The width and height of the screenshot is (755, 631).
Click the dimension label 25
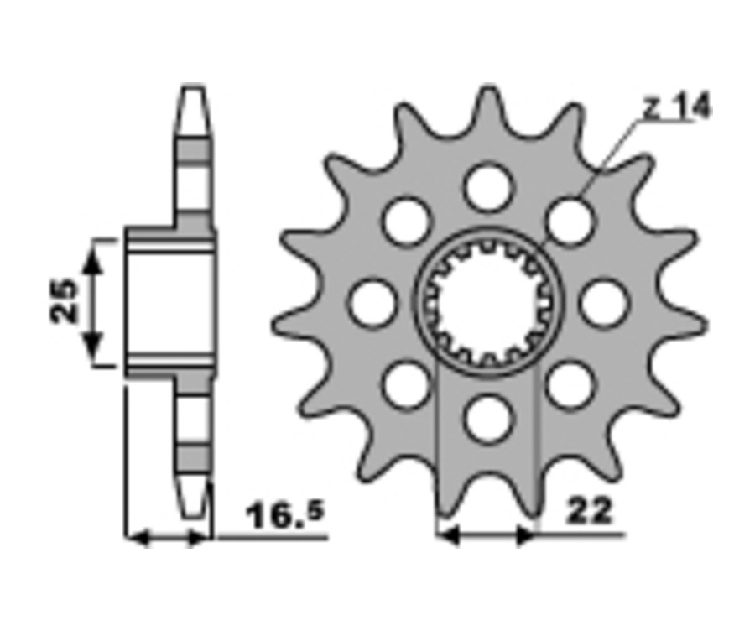click(x=64, y=301)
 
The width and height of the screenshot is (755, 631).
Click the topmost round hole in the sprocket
click(x=488, y=187)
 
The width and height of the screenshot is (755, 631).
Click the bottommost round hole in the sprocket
click(x=488, y=418)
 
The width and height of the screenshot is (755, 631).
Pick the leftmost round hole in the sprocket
click(x=373, y=303)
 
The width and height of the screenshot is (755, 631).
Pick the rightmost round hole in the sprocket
click(x=604, y=303)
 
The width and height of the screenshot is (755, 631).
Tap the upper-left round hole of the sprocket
click(x=408, y=221)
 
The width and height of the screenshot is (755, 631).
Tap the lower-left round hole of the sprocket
click(x=408, y=385)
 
